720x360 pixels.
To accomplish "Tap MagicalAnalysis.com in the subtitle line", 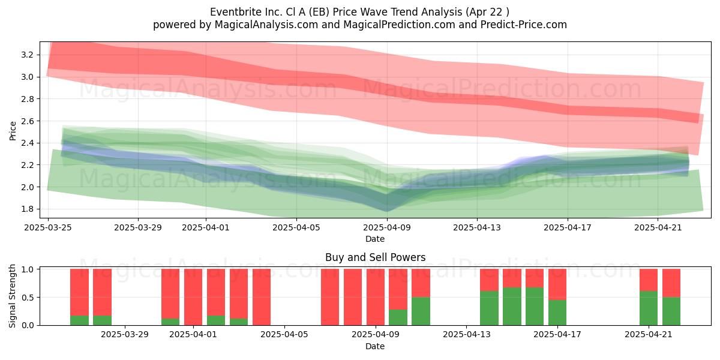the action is (266, 25).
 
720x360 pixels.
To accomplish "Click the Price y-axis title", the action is (13, 131).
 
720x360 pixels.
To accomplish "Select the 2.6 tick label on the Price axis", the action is (27, 121).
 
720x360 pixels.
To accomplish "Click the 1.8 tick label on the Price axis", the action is (27, 209).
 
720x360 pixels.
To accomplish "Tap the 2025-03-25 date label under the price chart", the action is (48, 227).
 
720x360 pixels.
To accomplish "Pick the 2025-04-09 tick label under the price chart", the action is (387, 227).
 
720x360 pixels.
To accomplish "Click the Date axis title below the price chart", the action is (375, 239).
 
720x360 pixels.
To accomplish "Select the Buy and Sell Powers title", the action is (375, 257).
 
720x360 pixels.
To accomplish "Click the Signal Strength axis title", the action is (12, 296).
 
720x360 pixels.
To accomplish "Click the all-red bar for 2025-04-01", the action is (193, 297).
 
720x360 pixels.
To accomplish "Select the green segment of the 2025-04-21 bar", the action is (649, 308).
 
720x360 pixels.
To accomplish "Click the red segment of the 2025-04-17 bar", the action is (557, 284).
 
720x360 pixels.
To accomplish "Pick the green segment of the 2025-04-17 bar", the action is (557, 313).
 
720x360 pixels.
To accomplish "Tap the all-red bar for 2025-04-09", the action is (376, 297).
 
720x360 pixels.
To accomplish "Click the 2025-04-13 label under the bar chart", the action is (466, 335).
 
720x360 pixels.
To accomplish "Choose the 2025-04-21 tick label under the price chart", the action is (658, 227).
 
